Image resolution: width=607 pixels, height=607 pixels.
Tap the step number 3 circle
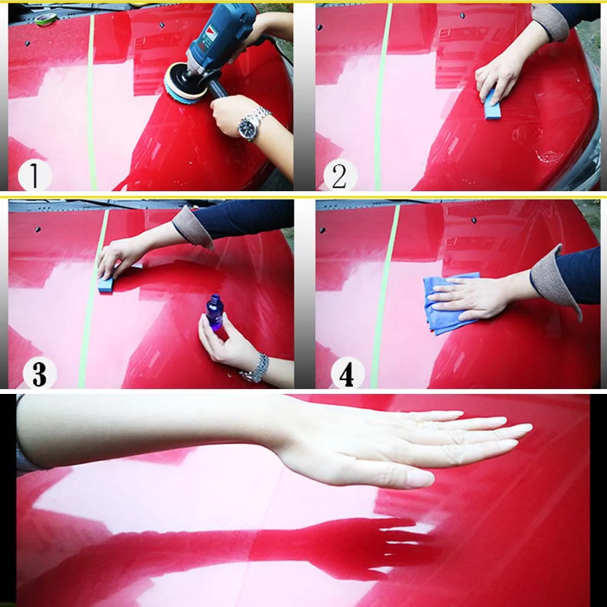[39, 373]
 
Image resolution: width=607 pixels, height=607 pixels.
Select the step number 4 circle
[347, 373]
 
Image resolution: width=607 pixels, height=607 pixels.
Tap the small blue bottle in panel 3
[214, 312]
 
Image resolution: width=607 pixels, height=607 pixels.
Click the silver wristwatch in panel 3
[256, 369]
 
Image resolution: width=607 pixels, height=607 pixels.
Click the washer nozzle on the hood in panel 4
[473, 220]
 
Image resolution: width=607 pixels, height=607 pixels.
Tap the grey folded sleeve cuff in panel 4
[554, 279]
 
